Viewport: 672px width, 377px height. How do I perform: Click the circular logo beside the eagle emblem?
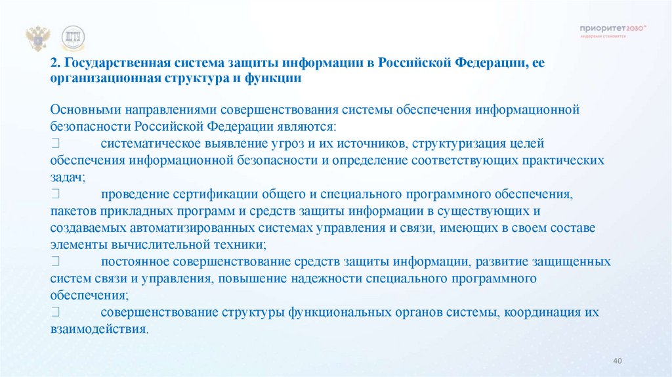(72, 39)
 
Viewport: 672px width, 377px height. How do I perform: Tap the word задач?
(66, 177)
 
